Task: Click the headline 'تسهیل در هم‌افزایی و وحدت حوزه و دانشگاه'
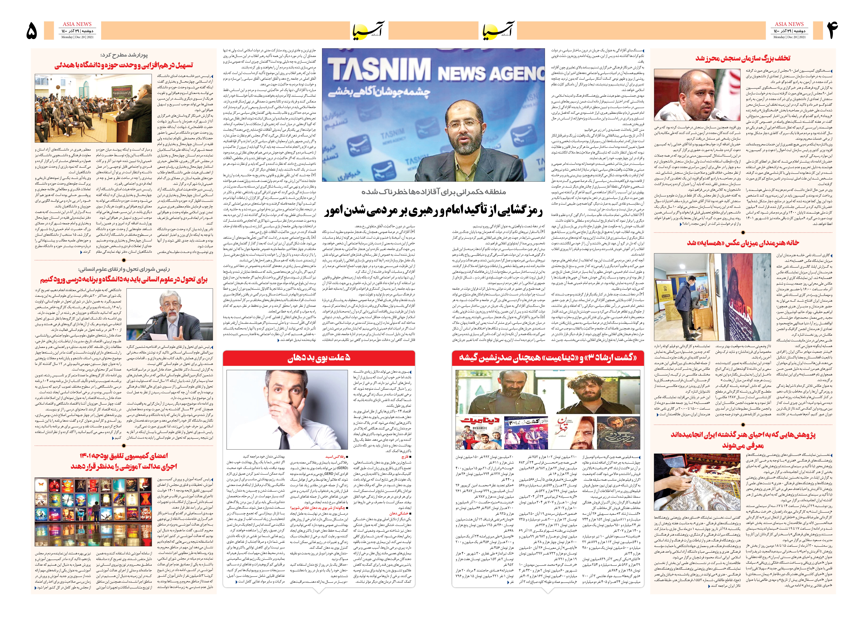[124, 65]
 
